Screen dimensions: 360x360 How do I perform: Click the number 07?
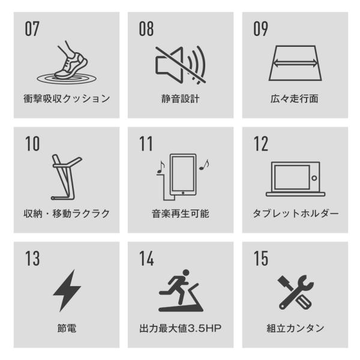(x=32, y=29)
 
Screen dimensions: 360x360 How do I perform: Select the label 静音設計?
(x=181, y=99)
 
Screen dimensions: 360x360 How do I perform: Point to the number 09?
(x=260, y=29)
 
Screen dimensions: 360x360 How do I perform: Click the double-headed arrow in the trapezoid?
(x=295, y=62)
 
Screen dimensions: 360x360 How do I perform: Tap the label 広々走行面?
(x=295, y=99)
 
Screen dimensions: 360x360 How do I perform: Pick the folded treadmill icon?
(x=67, y=177)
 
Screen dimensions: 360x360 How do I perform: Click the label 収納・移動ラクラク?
(x=67, y=214)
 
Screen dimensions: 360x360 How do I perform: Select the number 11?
(x=146, y=143)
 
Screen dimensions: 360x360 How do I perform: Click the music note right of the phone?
(x=204, y=165)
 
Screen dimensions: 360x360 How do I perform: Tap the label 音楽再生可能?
(x=181, y=214)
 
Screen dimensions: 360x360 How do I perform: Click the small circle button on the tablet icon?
(x=314, y=178)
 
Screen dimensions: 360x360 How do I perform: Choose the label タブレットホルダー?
(x=295, y=214)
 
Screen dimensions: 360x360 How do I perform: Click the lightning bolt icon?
(x=67, y=290)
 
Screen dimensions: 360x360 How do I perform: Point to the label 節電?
(x=67, y=328)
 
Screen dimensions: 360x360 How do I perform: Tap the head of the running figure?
(x=185, y=273)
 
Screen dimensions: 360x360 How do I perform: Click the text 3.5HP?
(x=205, y=328)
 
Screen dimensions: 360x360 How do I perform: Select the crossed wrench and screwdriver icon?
(x=295, y=292)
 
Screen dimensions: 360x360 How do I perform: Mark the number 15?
(x=261, y=258)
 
